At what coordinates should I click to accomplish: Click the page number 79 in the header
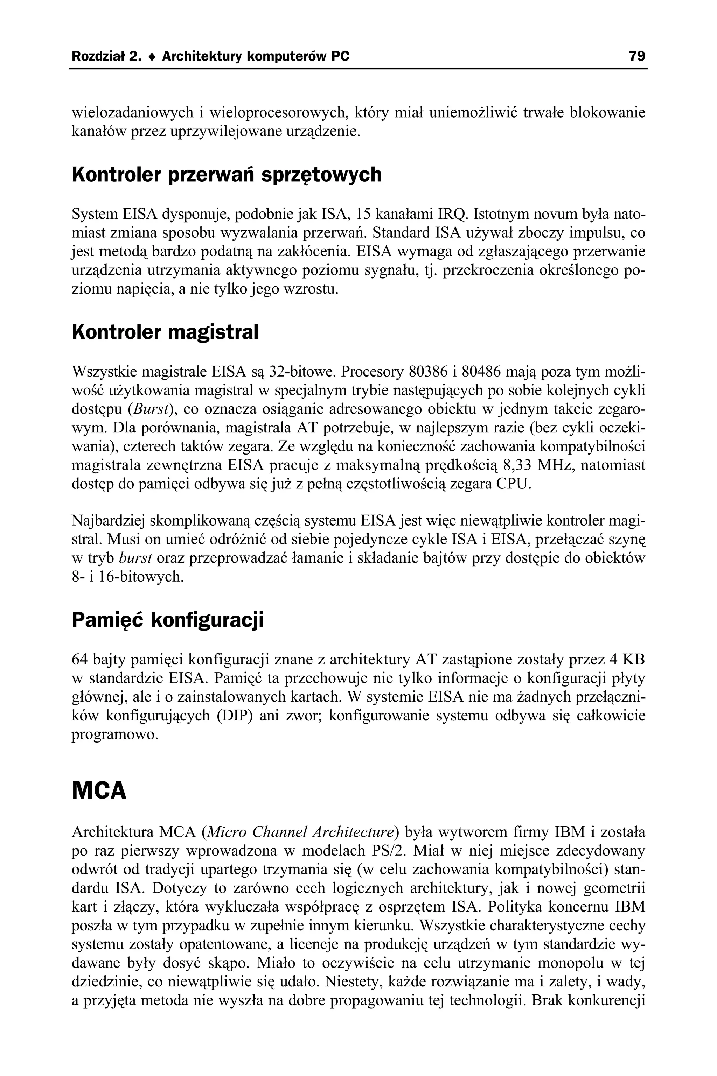tap(636, 56)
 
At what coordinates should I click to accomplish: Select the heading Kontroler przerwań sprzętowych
tap(227, 175)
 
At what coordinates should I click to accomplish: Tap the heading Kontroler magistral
tap(165, 332)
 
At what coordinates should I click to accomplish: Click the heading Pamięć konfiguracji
tap(168, 620)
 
